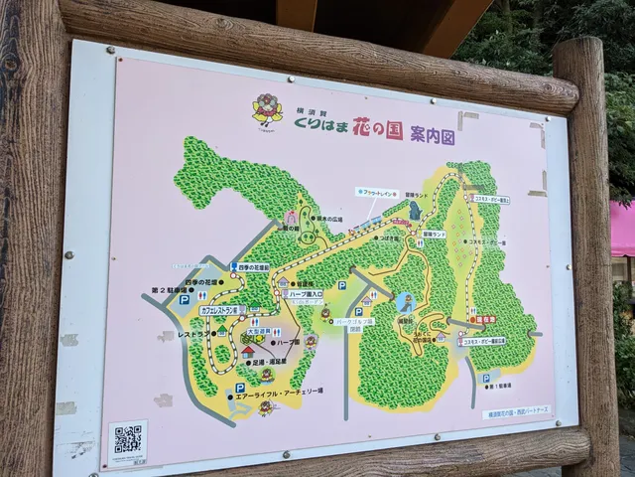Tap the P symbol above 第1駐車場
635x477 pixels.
486,379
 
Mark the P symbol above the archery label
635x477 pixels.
240,389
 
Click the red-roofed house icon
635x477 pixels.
247,350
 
